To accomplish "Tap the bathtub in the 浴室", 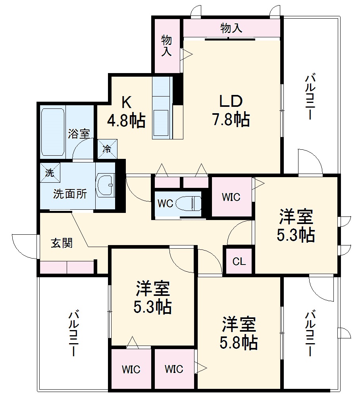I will coord(53,132).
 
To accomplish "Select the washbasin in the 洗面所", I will coord(105,185).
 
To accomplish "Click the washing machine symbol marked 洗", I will coord(49,173).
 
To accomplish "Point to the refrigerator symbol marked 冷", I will coord(107,149).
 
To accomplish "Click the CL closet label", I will coord(239,261).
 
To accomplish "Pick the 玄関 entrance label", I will coord(62,243).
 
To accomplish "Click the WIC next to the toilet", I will coord(231,197).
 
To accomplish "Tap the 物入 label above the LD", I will coord(231,28).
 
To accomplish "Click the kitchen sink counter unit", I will coord(162,107).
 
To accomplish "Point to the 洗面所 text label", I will coord(70,194).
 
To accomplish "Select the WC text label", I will coord(165,203).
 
